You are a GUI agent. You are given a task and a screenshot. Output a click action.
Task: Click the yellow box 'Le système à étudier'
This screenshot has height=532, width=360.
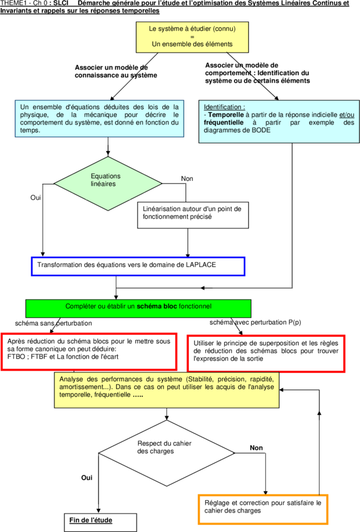(x=192, y=38)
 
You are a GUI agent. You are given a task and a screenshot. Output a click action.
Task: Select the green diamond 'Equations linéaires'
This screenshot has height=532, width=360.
(x=108, y=183)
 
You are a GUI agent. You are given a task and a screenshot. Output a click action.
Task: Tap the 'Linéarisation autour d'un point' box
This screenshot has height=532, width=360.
(x=193, y=215)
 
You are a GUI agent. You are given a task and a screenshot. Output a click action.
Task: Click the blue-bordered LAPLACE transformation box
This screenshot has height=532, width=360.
(x=138, y=267)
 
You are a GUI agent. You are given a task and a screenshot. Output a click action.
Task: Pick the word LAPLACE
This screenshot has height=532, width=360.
(x=201, y=265)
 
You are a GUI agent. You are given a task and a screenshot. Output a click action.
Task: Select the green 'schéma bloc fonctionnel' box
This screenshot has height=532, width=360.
(x=138, y=308)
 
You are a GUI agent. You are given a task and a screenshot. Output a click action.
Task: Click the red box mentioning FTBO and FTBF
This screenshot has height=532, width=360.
(x=89, y=352)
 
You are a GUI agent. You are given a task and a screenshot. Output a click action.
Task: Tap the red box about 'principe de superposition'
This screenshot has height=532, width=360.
(x=266, y=353)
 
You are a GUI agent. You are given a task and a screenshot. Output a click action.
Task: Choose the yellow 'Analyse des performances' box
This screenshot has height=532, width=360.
(x=167, y=390)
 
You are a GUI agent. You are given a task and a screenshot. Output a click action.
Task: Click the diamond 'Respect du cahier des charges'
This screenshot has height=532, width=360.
(x=166, y=453)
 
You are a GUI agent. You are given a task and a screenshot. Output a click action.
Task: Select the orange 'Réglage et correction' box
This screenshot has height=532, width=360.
(x=263, y=509)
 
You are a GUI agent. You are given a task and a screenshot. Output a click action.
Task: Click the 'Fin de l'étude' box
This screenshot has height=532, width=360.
(x=101, y=523)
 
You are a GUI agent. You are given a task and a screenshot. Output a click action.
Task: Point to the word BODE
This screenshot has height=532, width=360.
(x=261, y=130)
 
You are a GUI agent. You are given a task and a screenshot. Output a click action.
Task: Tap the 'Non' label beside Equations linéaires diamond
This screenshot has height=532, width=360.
(x=187, y=179)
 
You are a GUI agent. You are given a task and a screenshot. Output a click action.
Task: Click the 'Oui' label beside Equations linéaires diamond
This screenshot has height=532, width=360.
(x=36, y=197)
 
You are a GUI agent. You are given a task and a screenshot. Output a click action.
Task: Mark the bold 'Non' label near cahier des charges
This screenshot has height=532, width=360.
(x=256, y=448)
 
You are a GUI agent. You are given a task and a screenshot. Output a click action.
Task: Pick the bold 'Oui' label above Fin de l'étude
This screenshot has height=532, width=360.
(x=87, y=478)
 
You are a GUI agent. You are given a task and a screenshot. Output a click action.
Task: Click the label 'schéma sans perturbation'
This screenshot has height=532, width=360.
(x=53, y=323)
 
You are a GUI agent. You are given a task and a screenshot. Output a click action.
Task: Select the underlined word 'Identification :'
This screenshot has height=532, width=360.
(x=224, y=107)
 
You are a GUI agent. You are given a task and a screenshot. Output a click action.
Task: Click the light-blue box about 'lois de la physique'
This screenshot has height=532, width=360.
(x=99, y=119)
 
